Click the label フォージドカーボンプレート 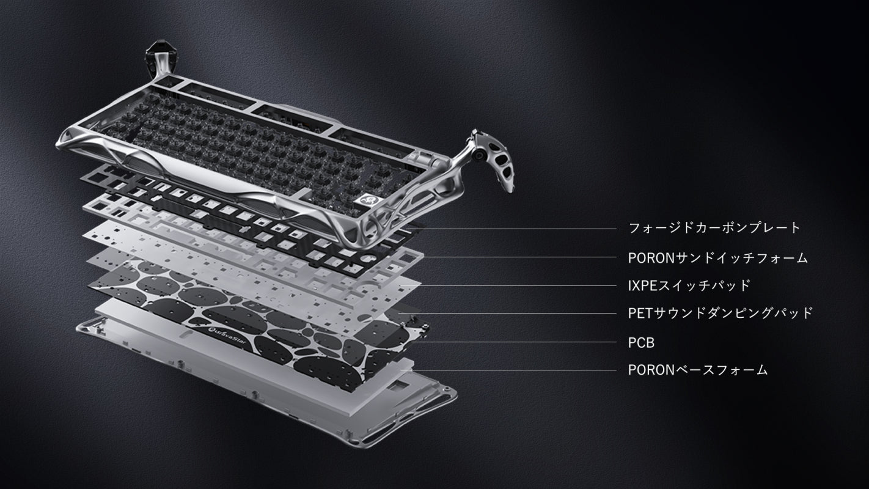click(714, 228)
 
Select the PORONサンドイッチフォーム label click(717, 258)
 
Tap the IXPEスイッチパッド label click(689, 285)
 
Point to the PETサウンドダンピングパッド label click(721, 313)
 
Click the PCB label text click(641, 343)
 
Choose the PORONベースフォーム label click(698, 370)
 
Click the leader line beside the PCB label click(513, 342)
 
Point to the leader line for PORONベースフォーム click(508, 370)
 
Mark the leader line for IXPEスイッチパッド click(508, 285)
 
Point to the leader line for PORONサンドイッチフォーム click(514, 257)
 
